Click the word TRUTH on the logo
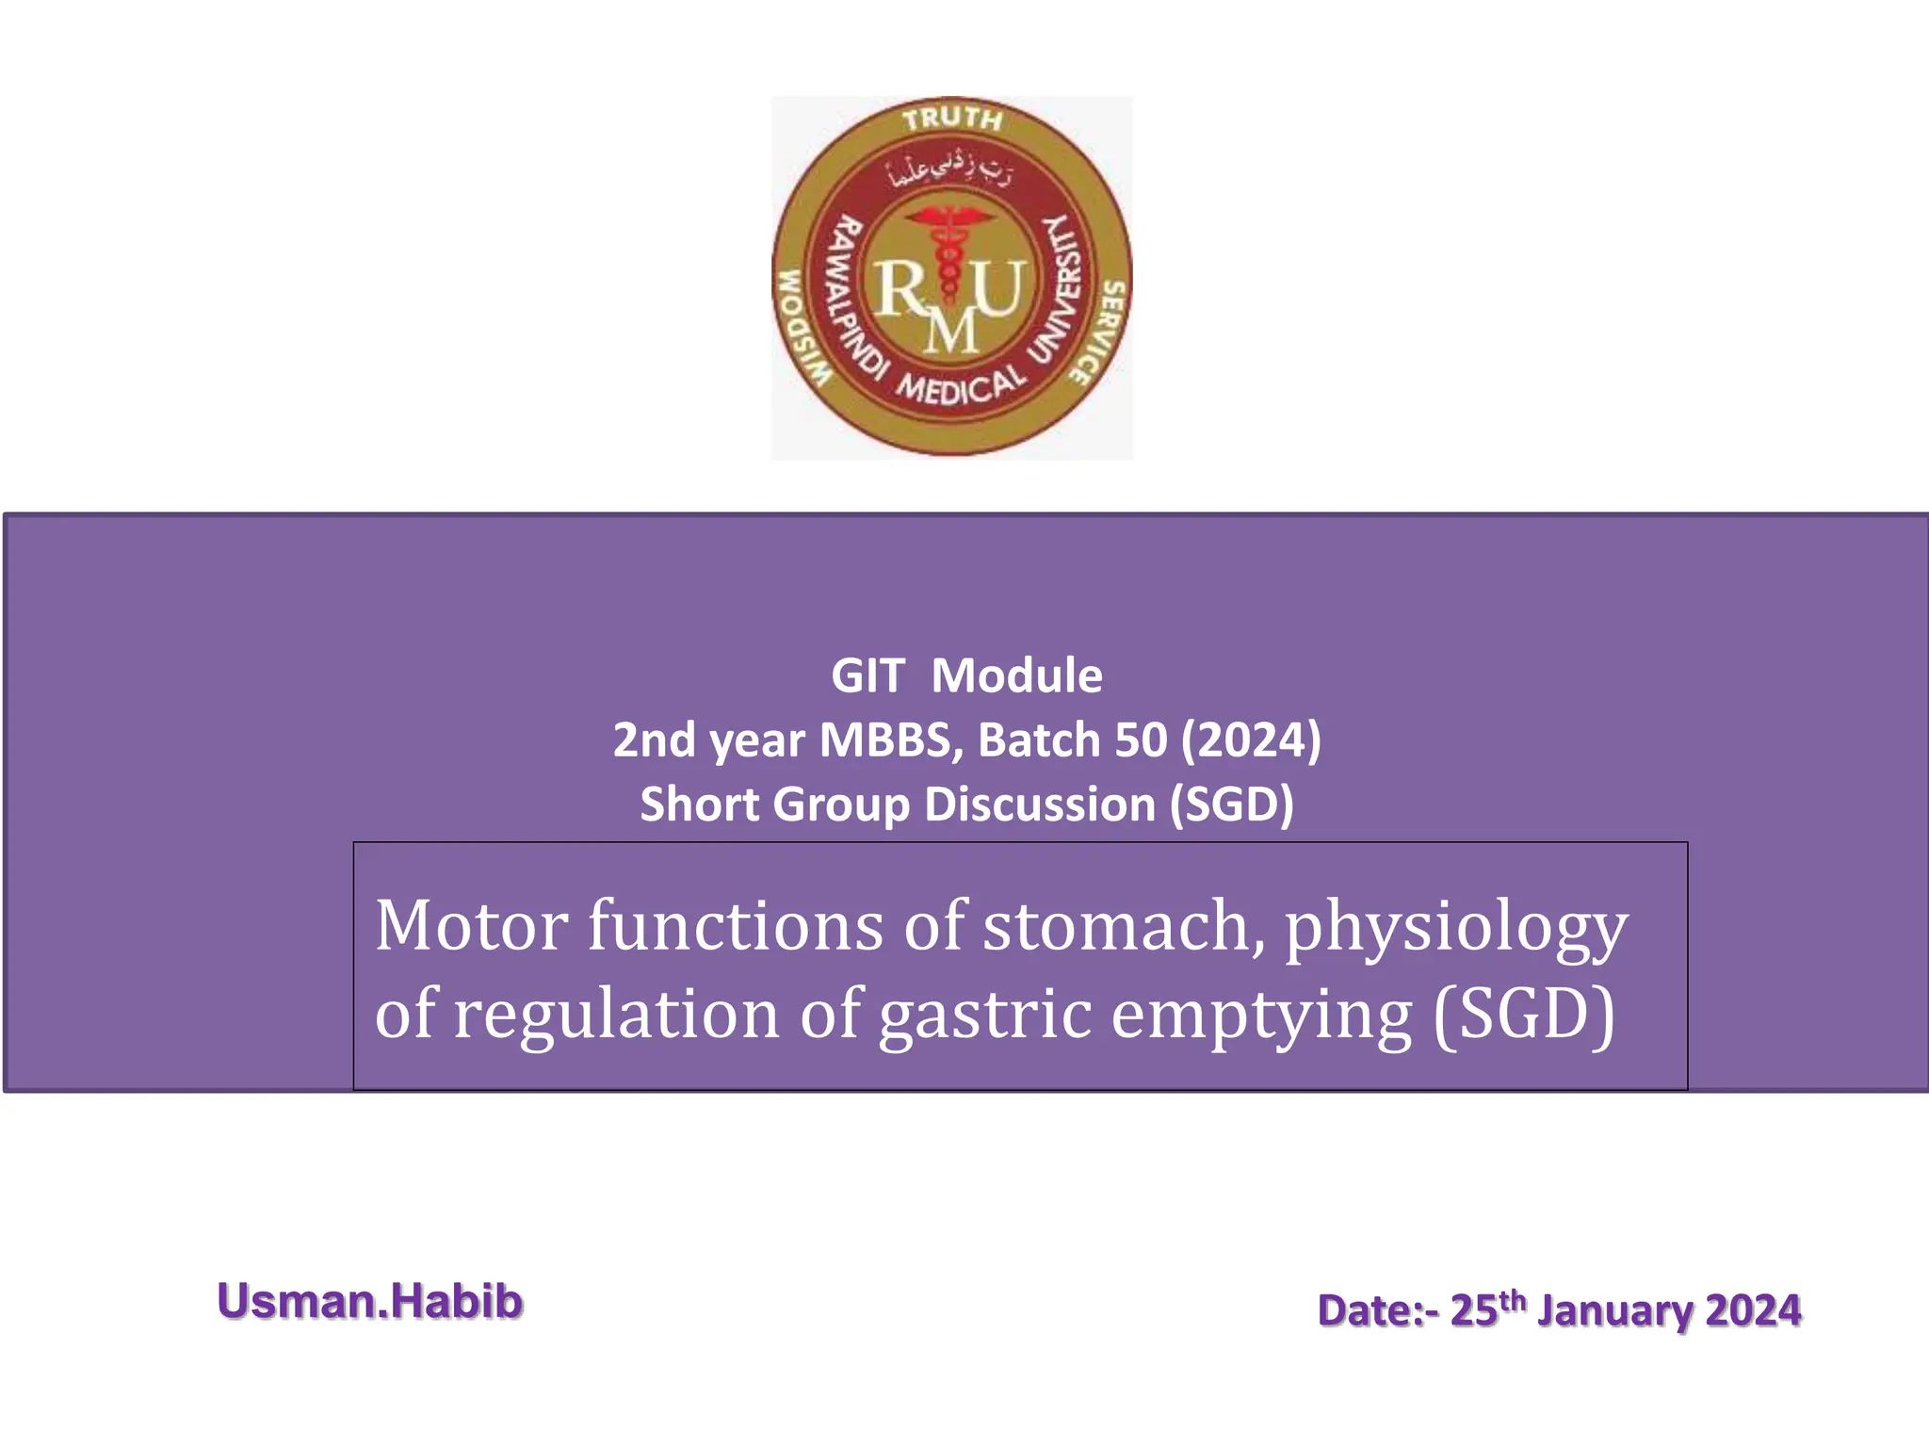(952, 119)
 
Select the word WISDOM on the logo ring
(802, 329)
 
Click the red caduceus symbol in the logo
(949, 254)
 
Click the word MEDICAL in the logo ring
(959, 386)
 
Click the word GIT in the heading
(867, 676)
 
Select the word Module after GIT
(1016, 676)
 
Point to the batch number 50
(1141, 740)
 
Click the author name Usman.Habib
(370, 1302)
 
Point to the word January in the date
(1614, 1310)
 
